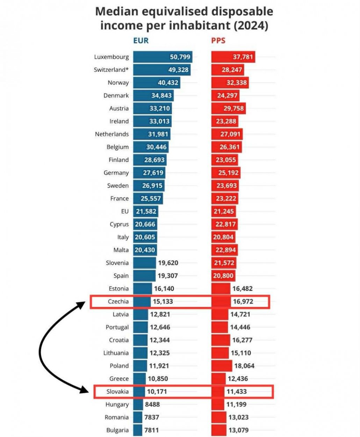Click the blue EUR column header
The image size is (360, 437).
(x=141, y=41)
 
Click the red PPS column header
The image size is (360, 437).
(x=218, y=41)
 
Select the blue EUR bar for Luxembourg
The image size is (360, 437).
(x=163, y=57)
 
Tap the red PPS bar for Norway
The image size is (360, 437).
(x=230, y=83)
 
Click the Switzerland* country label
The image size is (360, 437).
(x=111, y=70)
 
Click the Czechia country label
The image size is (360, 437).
(x=118, y=301)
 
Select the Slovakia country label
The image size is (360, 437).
(x=117, y=392)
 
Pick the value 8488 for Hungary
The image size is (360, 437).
(x=152, y=404)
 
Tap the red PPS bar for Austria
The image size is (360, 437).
(x=229, y=108)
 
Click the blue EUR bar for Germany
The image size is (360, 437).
(x=149, y=173)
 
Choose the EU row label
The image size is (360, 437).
(x=125, y=211)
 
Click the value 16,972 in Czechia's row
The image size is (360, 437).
(x=243, y=301)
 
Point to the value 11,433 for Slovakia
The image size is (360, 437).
(x=237, y=392)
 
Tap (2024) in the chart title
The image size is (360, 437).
(x=251, y=26)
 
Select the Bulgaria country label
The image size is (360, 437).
(x=117, y=430)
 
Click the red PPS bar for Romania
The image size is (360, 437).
(x=219, y=417)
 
